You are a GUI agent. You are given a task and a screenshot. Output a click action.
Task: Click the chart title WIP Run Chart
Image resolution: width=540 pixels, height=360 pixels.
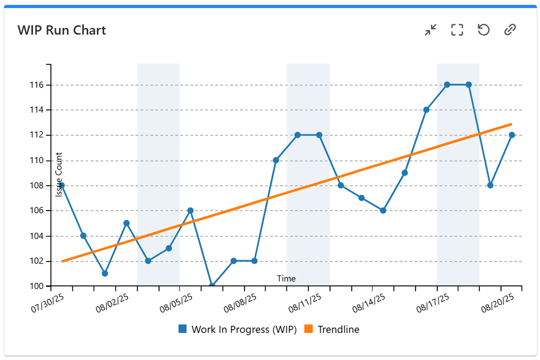(x=62, y=30)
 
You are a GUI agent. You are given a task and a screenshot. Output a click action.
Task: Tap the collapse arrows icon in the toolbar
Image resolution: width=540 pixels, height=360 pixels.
(x=431, y=30)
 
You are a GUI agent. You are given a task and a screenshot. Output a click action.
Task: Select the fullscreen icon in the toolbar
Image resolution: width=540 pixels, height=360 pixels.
(x=457, y=30)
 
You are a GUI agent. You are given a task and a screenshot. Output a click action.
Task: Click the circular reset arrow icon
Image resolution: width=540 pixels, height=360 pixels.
(x=484, y=30)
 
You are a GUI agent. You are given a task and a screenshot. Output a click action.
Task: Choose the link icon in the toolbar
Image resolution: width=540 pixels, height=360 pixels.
(x=510, y=30)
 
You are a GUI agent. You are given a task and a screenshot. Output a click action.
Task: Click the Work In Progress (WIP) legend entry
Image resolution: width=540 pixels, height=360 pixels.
(x=238, y=329)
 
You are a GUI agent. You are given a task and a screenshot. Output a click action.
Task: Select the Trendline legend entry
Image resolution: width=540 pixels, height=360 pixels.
(x=332, y=329)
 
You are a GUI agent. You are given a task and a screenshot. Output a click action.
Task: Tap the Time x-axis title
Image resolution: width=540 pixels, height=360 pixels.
(x=286, y=279)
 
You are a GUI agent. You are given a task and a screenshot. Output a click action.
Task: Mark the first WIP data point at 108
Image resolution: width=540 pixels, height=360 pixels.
(x=62, y=185)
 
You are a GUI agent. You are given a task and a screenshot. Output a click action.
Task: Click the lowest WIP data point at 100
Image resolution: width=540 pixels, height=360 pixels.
(x=212, y=285)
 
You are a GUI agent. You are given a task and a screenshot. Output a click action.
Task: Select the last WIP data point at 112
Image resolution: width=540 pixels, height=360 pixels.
(x=512, y=135)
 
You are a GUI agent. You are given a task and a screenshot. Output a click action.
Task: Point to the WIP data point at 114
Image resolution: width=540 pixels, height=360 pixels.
(x=426, y=110)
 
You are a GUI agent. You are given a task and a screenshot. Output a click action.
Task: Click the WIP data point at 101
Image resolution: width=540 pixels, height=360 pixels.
(x=104, y=273)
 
